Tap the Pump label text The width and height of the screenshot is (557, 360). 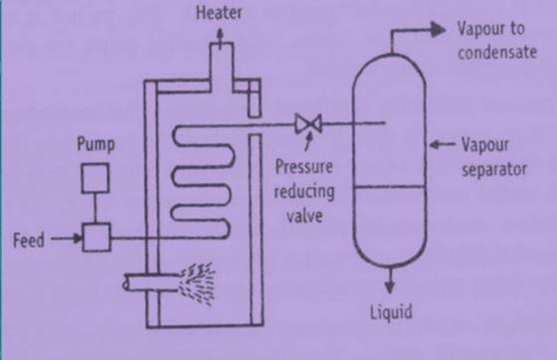coord(96,145)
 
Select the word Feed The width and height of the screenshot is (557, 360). coord(29,240)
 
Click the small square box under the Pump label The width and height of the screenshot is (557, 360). coord(96,179)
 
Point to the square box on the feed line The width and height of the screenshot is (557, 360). coord(96,239)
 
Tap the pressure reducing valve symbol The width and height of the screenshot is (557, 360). coord(305,123)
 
